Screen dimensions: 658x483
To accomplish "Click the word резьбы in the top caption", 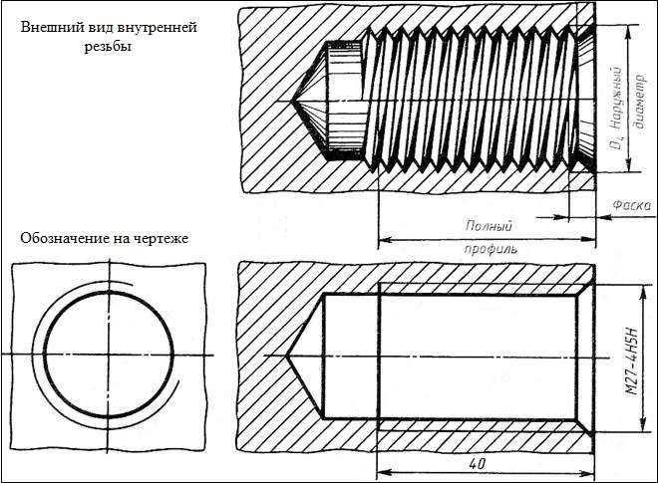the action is [109, 47].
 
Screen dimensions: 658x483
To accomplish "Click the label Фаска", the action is [631, 205].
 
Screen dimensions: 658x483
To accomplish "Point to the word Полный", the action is [489, 226].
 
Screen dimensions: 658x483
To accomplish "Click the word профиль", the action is [491, 249].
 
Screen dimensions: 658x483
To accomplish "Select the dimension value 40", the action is [478, 464].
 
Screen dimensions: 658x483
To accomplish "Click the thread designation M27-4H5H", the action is [632, 361].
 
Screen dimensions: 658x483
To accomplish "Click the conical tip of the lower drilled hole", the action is [286, 357].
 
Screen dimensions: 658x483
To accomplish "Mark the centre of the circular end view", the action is [109, 355].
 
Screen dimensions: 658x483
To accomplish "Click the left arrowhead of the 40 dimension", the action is [383, 474].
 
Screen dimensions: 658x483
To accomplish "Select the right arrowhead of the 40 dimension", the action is [588, 474].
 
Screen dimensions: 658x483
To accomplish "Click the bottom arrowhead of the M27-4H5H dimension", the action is [642, 424].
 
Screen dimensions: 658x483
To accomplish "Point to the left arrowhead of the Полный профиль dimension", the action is [385, 240].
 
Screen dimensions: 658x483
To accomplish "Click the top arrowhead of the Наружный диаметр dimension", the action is [628, 31].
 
